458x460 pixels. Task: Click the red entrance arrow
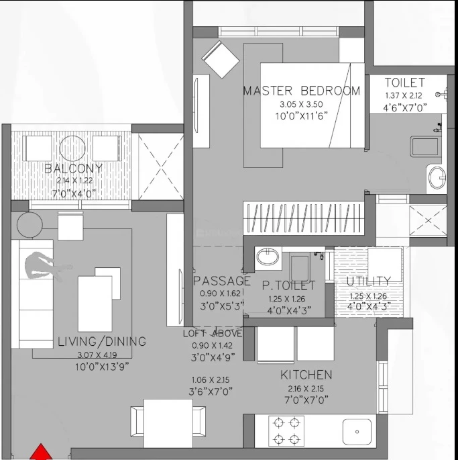pos(41,452)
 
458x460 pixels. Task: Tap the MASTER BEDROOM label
pos(302,91)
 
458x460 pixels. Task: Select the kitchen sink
pos(357,432)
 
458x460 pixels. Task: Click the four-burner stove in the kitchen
pos(286,431)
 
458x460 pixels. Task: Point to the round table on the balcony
pos(72,148)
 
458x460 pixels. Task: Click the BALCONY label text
pos(74,169)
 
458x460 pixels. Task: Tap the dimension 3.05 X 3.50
pos(301,104)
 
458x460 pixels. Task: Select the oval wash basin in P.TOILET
pos(268,257)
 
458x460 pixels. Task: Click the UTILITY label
pos(369,281)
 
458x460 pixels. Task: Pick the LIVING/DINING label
pos(102,342)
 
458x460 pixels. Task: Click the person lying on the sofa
pos(47,265)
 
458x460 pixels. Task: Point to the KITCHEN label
pos(306,375)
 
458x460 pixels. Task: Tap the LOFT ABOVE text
pos(213,334)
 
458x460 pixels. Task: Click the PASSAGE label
pos(222,281)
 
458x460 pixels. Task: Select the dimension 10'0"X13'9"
pos(102,367)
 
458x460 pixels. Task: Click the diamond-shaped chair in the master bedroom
pos(221,60)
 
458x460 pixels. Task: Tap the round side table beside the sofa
pos(30,225)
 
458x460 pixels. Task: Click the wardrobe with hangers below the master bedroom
pos(304,218)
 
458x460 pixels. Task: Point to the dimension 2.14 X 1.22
pos(74,181)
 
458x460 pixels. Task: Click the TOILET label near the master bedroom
pos(404,83)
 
